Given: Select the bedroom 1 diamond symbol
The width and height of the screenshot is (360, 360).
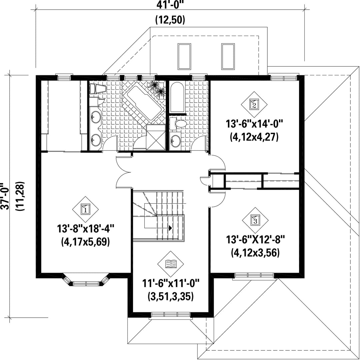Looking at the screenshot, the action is tap(85, 209).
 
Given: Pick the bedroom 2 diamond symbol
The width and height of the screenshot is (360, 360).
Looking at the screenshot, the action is tap(254, 104).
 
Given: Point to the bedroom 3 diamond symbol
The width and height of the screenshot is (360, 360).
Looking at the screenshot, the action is tap(255, 220).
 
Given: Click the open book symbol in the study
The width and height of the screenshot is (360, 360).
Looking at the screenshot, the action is tap(171, 264).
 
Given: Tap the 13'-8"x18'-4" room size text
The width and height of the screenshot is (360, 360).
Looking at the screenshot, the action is tap(85, 229).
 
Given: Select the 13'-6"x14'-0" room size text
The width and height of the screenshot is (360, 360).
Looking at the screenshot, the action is tap(254, 124).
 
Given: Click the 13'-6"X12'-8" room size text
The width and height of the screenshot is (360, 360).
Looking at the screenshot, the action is tap(255, 240).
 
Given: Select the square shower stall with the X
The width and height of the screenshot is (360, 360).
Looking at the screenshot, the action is tap(156, 137).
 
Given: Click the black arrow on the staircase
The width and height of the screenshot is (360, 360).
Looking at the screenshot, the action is tap(170, 228).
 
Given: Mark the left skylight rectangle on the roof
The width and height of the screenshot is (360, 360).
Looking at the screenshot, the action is tap(184, 56).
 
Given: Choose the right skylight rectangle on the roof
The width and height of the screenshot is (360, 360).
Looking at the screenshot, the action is tap(228, 56).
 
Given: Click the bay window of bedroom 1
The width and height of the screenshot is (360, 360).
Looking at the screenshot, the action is tap(85, 280).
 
